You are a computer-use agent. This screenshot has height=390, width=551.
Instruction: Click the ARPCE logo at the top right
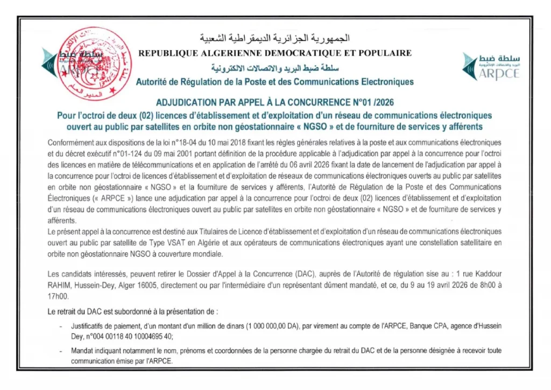point(491,66)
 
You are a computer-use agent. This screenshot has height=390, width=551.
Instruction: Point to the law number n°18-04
point(188,143)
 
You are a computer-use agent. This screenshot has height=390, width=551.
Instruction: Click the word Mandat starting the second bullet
point(82,351)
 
